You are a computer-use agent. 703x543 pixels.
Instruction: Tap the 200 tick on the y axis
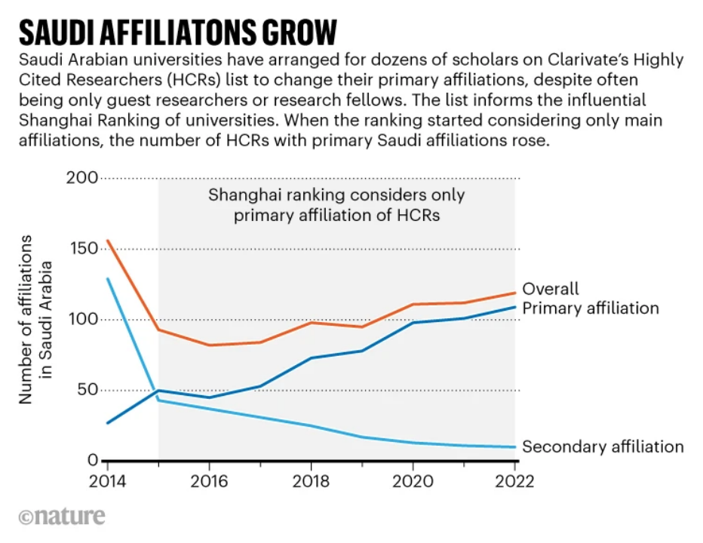[84, 178]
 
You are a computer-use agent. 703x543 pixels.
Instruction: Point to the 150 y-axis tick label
[84, 249]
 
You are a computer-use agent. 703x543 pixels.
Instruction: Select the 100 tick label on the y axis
[84, 320]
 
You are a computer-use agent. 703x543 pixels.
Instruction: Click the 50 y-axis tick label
[88, 390]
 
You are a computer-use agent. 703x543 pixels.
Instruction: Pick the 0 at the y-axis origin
[93, 461]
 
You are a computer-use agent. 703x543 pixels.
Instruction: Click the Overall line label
[551, 289]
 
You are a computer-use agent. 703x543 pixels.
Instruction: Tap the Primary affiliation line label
[591, 308]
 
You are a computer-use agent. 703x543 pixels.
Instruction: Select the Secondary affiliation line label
[603, 446]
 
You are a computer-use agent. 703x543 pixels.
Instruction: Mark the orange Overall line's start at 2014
[106, 241]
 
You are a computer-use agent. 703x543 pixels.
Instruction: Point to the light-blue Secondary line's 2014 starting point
[106, 279]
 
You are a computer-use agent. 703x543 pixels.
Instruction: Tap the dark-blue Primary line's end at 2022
[515, 307]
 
